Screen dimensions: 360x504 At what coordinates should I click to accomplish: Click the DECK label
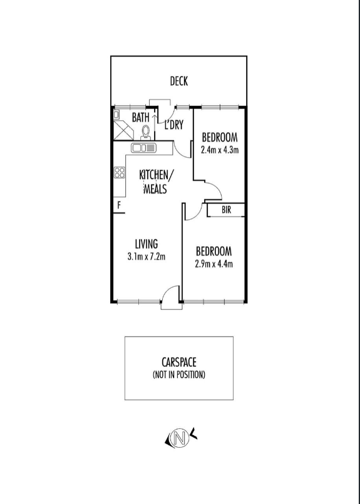[x=179, y=81]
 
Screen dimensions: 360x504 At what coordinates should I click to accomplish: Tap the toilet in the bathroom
[x=146, y=133]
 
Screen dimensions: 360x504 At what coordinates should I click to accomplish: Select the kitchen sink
[x=143, y=148]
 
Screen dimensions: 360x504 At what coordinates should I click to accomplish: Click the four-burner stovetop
[x=119, y=172]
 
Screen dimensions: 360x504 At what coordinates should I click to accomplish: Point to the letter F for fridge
[x=119, y=205]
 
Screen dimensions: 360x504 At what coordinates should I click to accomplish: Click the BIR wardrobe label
[x=226, y=210]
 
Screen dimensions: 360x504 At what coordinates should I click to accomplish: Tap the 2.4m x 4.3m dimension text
[x=220, y=150]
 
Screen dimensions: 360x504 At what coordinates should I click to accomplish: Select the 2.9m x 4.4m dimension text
[x=213, y=264]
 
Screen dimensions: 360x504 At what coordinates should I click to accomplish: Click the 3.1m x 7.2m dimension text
[x=147, y=257]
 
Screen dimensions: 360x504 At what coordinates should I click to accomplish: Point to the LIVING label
[x=147, y=244]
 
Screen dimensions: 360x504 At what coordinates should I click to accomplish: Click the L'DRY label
[x=174, y=125]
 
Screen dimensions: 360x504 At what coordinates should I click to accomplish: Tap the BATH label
[x=140, y=117]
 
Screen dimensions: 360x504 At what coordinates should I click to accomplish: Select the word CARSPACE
[x=179, y=363]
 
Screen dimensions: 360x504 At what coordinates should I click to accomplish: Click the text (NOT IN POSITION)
[x=178, y=374]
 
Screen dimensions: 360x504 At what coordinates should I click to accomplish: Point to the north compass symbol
[x=181, y=438]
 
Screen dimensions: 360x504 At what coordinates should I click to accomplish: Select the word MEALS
[x=155, y=188]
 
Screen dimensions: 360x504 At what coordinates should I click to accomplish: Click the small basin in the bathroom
[x=116, y=115]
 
